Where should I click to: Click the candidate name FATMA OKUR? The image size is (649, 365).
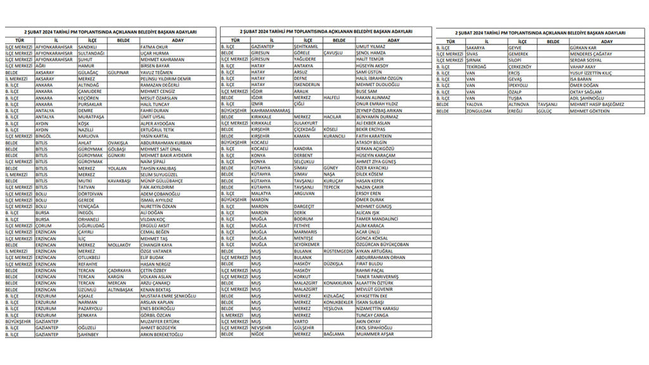point(154,47)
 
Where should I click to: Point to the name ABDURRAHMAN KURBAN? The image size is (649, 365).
point(165,143)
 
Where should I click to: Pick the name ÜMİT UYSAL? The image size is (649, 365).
point(153,117)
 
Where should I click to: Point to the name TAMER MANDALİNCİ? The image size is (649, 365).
point(380,219)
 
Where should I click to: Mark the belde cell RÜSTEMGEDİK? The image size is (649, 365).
point(338,251)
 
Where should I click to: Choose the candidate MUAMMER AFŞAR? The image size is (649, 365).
point(375,334)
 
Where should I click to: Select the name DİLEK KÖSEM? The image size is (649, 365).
point(369,174)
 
